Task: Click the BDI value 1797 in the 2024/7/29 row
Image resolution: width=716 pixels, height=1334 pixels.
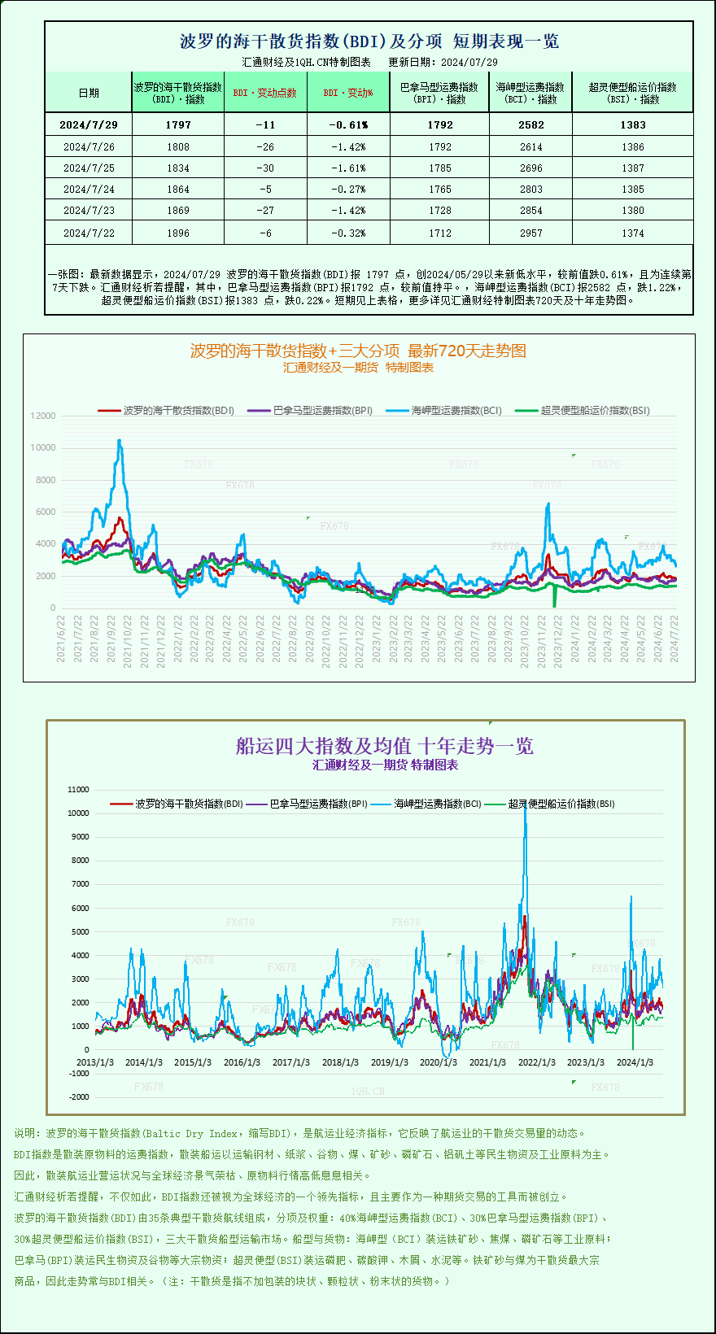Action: click(177, 124)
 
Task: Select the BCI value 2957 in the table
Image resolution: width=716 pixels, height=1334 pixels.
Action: click(530, 233)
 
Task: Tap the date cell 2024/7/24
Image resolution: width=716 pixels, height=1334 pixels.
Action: click(89, 189)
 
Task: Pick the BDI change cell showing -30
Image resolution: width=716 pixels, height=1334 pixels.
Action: click(265, 168)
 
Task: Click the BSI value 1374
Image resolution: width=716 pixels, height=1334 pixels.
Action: click(632, 233)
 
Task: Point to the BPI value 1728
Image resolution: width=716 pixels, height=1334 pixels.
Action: click(439, 210)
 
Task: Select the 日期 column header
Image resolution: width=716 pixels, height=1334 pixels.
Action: click(89, 93)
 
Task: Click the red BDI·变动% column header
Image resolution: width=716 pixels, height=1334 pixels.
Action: click(348, 93)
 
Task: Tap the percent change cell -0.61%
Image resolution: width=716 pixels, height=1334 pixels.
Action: click(348, 124)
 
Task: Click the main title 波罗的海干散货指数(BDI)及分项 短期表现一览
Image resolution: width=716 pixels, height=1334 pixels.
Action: click(369, 41)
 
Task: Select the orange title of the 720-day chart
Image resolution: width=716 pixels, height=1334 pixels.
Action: click(358, 351)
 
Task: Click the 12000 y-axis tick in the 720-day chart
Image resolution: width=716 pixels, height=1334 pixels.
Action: click(43, 416)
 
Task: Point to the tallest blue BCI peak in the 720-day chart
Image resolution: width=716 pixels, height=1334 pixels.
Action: click(120, 441)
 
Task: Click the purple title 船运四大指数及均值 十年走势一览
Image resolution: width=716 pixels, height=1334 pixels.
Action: click(384, 746)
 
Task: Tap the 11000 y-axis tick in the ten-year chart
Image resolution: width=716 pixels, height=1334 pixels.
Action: click(78, 789)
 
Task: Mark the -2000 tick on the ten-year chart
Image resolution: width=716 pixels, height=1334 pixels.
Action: click(79, 1096)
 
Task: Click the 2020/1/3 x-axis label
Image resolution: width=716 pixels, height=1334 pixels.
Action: click(438, 1062)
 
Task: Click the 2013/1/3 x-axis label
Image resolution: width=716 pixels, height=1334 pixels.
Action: click(95, 1062)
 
